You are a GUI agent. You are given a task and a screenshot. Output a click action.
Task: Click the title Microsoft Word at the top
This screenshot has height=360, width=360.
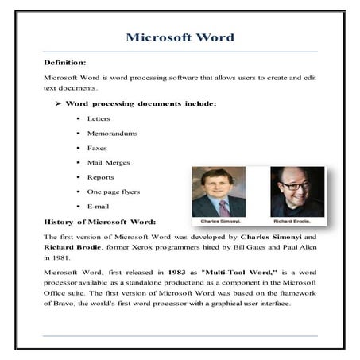tap(180, 37)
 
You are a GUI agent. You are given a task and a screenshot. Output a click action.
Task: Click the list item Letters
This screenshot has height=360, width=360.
tap(99, 118)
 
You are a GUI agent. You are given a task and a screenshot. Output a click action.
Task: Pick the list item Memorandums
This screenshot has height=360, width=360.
tap(113, 133)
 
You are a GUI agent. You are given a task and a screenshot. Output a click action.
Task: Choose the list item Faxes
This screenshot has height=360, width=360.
tap(96, 148)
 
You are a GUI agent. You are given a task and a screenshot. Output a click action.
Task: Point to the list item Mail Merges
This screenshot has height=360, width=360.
tap(108, 162)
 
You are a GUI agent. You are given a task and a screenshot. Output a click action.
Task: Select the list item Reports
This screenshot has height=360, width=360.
tap(100, 177)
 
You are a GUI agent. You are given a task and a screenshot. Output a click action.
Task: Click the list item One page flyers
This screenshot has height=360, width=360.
tap(114, 192)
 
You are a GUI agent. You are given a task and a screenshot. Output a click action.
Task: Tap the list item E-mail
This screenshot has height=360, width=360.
tap(98, 207)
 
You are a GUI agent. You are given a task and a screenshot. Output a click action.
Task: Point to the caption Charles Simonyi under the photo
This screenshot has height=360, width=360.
tap(220, 220)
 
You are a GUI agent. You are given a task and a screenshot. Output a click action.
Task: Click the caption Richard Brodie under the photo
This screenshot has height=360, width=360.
tap(296, 220)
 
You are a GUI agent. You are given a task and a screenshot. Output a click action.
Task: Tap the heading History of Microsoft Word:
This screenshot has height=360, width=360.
tap(100, 221)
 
